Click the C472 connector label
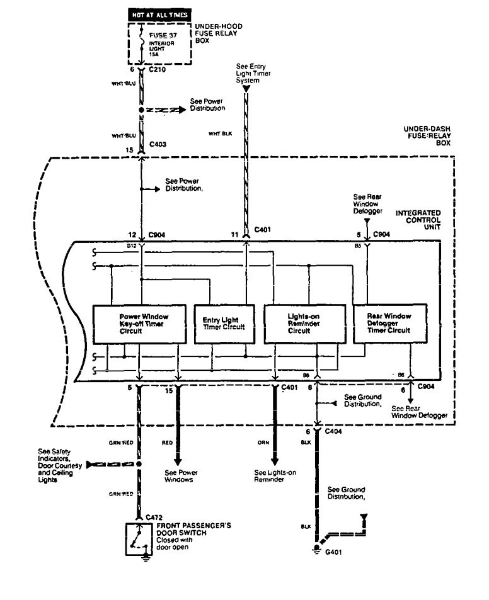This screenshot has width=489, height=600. [x=154, y=517]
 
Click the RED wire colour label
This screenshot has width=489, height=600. [x=168, y=443]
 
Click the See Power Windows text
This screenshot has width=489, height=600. [x=178, y=476]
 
